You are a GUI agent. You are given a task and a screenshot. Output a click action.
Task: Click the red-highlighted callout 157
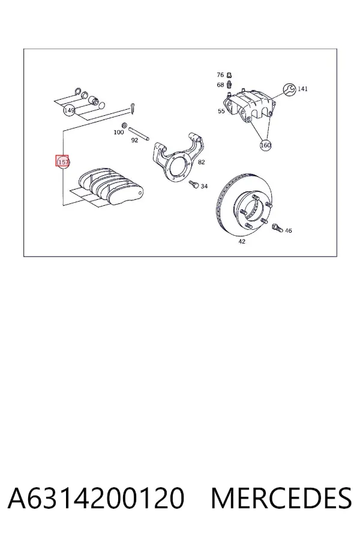(x=62, y=161)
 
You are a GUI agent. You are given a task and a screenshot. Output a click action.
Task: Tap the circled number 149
(x=69, y=110)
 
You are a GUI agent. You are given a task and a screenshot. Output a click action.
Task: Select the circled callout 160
(x=266, y=145)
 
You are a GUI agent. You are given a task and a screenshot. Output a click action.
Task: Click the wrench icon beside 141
(x=289, y=89)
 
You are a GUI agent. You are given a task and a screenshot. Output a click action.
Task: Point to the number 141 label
(x=302, y=89)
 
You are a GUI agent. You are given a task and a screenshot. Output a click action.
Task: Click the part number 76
(x=220, y=75)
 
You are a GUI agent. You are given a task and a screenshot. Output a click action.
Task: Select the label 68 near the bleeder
(x=220, y=85)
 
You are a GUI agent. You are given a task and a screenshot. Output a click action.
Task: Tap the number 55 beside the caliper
(x=221, y=111)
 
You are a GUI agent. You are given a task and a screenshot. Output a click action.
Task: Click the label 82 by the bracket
(x=201, y=161)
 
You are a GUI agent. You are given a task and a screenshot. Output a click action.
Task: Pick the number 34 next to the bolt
(x=204, y=186)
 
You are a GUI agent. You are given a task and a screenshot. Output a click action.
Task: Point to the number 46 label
(x=289, y=230)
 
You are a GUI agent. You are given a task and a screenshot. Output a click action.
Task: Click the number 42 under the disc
(x=242, y=241)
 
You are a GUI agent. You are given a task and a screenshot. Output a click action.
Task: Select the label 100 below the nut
(x=119, y=132)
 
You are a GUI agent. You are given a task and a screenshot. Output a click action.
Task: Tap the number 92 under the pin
(x=134, y=140)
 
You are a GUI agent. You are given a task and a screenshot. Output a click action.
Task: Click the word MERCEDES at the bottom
(x=281, y=498)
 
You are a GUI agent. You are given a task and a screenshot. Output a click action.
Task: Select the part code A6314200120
(x=96, y=498)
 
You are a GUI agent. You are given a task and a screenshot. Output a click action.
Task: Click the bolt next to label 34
(x=194, y=184)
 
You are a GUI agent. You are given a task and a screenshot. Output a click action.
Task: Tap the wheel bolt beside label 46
(x=277, y=227)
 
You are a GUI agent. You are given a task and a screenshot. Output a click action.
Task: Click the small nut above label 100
(x=125, y=125)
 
